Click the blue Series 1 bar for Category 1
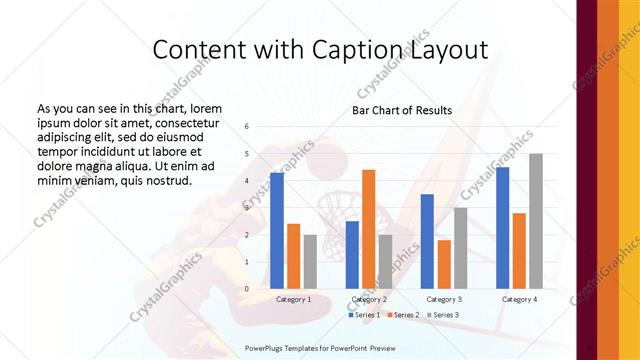[x=277, y=230]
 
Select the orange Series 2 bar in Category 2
[x=368, y=229]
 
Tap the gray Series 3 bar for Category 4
[x=536, y=221]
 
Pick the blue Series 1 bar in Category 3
[x=427, y=241]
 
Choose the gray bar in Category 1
[x=310, y=261]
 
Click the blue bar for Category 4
[x=502, y=227]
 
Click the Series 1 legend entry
[x=366, y=315]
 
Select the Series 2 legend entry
[x=404, y=315]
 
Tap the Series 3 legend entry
[x=443, y=315]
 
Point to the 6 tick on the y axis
[x=246, y=127]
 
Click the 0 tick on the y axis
[x=246, y=288]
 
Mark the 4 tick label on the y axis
[x=246, y=181]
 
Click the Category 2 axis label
[x=370, y=299]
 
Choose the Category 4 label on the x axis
[x=519, y=299]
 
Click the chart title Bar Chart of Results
[x=402, y=110]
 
